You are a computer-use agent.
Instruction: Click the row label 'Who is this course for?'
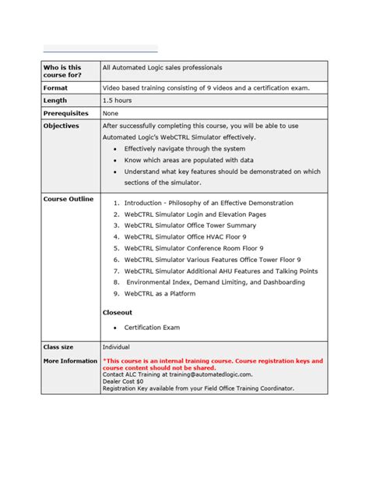point(62,72)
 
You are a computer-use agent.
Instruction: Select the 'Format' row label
point(55,88)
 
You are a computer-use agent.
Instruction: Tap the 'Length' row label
point(55,101)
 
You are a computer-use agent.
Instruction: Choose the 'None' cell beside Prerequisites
point(111,113)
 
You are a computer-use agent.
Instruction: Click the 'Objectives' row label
point(61,126)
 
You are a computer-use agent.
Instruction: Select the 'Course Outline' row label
point(69,199)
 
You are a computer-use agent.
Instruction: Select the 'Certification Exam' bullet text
point(152,328)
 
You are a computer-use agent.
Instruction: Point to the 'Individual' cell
point(117,346)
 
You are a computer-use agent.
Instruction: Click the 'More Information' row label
point(71,361)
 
